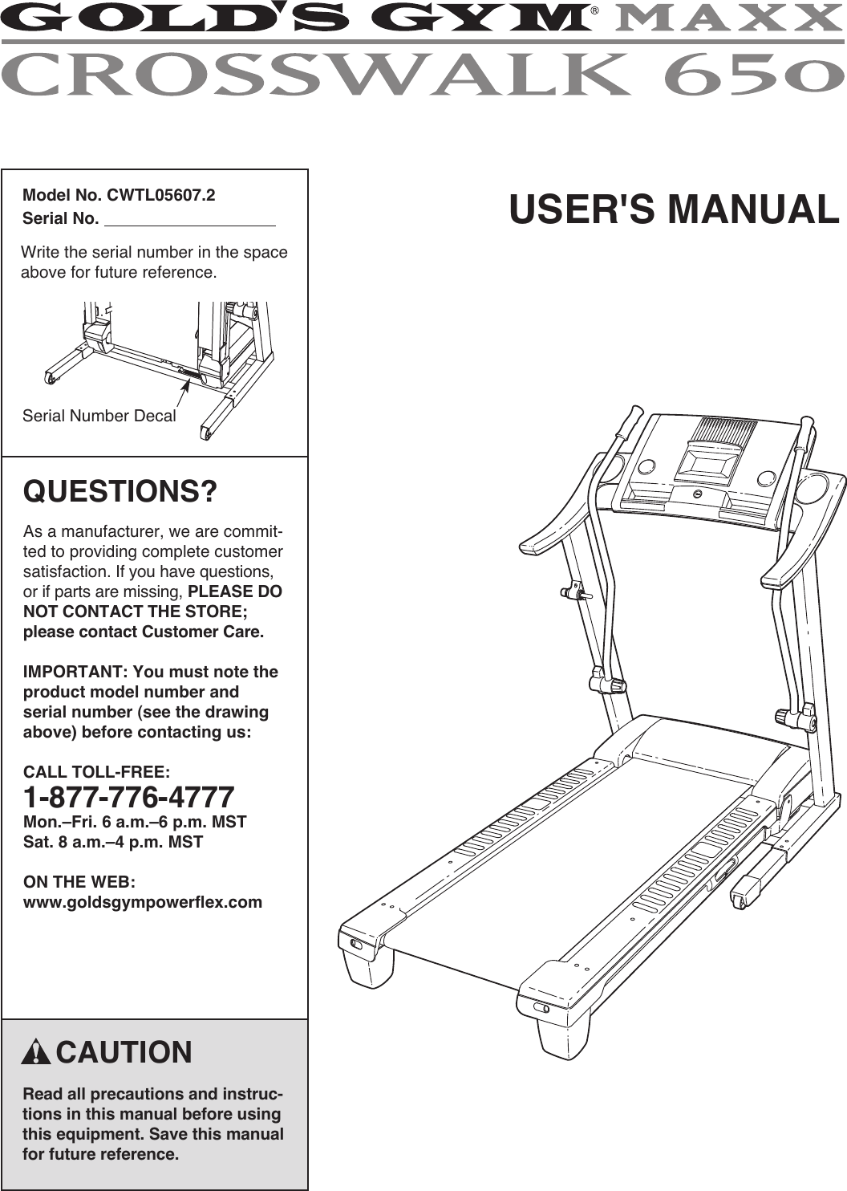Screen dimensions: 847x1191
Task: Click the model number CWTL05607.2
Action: (161, 195)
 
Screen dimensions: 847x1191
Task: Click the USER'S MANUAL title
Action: (674, 210)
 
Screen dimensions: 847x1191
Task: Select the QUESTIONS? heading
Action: (120, 491)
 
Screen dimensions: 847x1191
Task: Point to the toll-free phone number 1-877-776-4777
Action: (129, 797)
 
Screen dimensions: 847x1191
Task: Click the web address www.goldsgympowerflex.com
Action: (143, 902)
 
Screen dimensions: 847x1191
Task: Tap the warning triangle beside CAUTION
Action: (37, 1052)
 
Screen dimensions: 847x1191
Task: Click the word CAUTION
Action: (124, 1052)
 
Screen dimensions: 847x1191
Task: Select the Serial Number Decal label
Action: (99, 416)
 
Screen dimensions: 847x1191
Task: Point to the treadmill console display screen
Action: (708, 464)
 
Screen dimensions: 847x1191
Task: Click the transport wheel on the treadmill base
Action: (739, 899)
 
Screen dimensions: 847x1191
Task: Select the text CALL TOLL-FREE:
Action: (96, 772)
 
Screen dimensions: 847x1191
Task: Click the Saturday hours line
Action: (113, 842)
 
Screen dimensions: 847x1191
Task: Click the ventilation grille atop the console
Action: (725, 433)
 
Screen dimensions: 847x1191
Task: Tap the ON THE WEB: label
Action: (79, 882)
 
